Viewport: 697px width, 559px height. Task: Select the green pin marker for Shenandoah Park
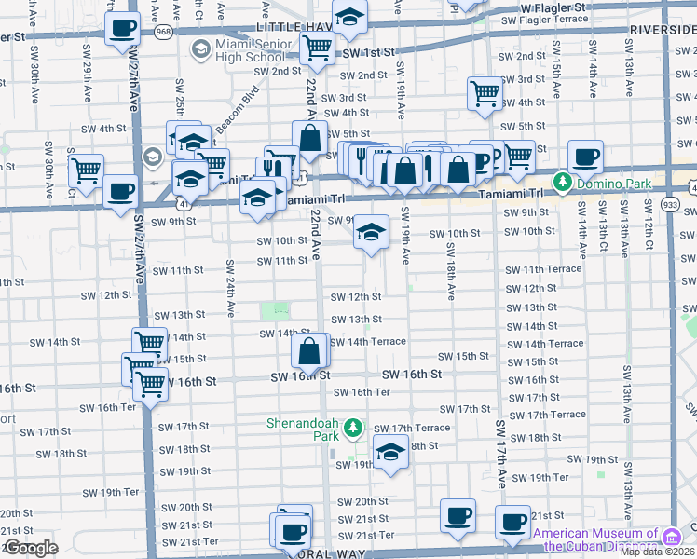pyautogui.click(x=352, y=429)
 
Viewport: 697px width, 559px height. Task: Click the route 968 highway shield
pyautogui.click(x=164, y=32)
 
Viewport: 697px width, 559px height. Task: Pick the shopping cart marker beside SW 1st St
pyautogui.click(x=318, y=48)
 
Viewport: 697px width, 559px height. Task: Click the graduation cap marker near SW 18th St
pyautogui.click(x=390, y=454)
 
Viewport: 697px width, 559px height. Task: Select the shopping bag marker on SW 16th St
pyautogui.click(x=309, y=351)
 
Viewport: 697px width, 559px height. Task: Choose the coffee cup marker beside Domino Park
pyautogui.click(x=585, y=156)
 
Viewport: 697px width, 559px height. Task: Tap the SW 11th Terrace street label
pyautogui.click(x=543, y=270)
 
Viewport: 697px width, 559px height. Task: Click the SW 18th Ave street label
pyautogui.click(x=450, y=270)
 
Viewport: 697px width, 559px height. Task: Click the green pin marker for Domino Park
pyautogui.click(x=562, y=181)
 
